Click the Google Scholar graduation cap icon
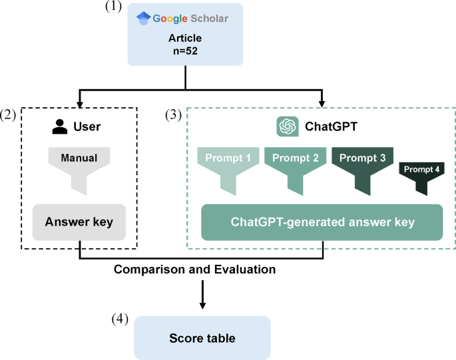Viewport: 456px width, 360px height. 142,19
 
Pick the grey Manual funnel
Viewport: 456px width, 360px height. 80,166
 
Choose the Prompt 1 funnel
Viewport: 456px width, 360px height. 228,166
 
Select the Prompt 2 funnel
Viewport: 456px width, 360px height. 296,166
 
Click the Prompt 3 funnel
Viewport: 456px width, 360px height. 363,166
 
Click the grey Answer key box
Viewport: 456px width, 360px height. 80,222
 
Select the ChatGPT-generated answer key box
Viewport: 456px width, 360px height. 322,222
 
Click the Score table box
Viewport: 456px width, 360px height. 202,338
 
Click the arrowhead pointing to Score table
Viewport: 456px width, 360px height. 202,307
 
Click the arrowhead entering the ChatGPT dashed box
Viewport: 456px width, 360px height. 322,103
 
